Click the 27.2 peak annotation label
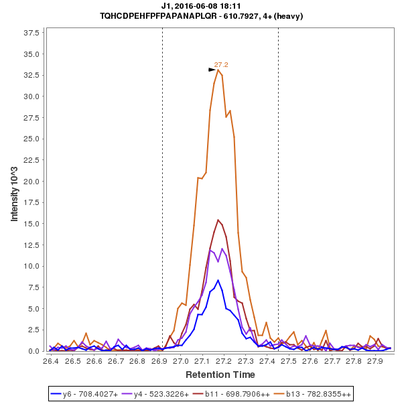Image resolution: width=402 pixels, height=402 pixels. (221, 65)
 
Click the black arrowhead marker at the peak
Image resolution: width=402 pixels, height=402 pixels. (212, 70)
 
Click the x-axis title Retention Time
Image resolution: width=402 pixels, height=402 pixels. (220, 374)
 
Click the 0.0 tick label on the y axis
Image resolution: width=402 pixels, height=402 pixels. (36, 351)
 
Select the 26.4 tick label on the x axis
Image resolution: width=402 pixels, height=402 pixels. (51, 361)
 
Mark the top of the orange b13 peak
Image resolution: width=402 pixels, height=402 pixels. (218, 70)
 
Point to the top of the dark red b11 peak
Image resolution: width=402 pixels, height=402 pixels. (218, 220)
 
